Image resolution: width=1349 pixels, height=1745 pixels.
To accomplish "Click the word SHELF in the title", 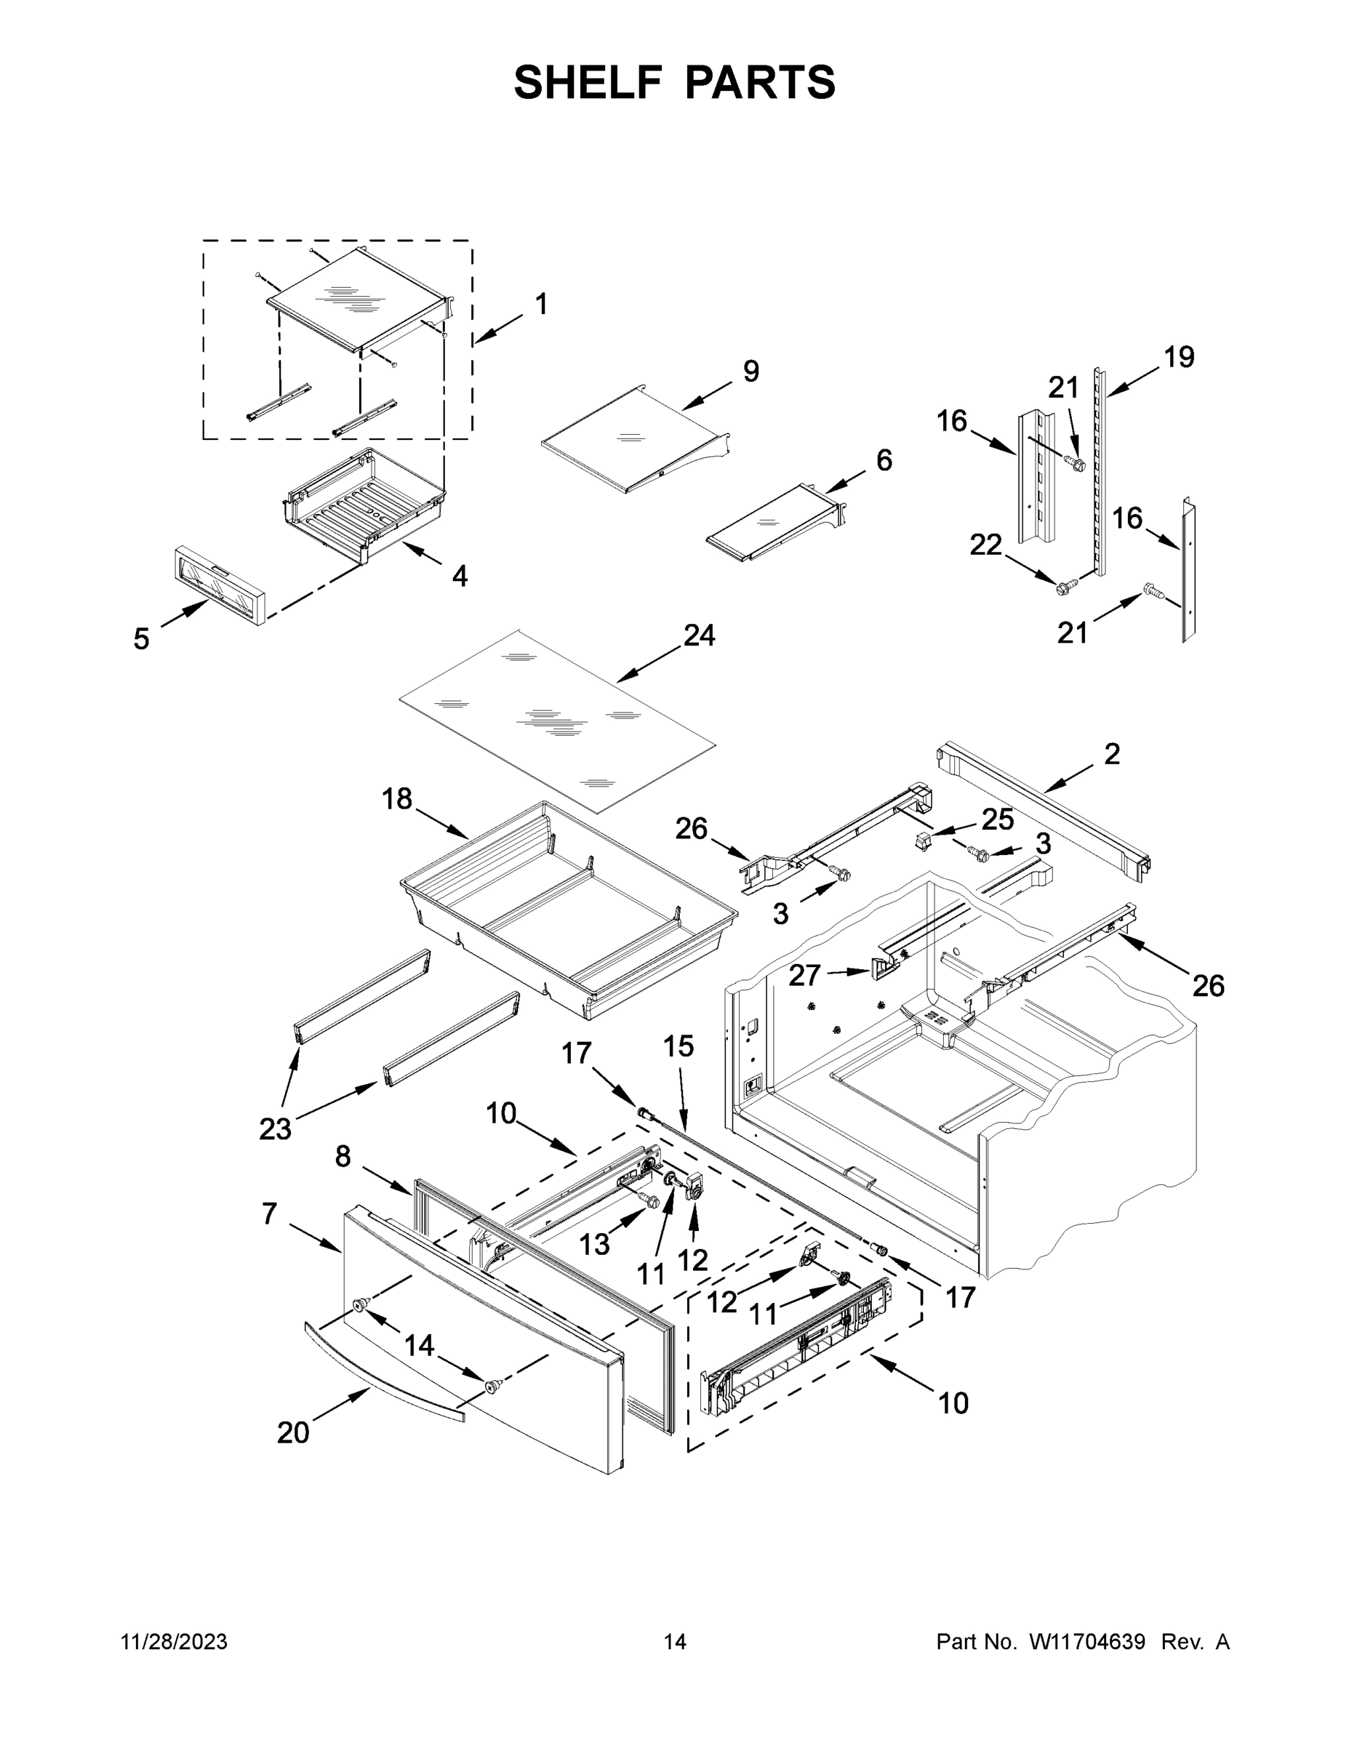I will click(588, 82).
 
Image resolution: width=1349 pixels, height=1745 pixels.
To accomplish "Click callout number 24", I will click(700, 635).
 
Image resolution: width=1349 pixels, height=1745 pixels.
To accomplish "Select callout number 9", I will click(751, 371).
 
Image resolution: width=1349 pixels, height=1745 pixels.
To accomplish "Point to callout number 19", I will click(1179, 356).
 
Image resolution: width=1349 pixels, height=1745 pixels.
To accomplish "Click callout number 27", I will click(805, 976).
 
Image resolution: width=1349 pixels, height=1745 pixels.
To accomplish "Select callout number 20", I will click(292, 1432).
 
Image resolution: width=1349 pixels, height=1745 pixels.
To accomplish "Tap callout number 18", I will click(397, 798).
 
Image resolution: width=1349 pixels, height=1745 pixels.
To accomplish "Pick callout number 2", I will click(1112, 753).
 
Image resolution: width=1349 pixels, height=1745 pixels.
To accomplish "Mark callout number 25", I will click(997, 819).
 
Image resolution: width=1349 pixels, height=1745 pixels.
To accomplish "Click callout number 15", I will click(678, 1047).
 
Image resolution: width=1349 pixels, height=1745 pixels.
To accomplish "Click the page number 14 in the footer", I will click(675, 1642).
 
